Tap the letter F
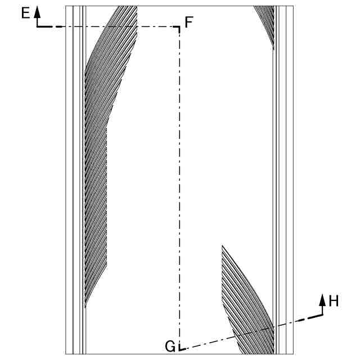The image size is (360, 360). click(x=189, y=22)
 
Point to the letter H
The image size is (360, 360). click(x=334, y=301)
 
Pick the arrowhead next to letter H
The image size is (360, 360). click(x=322, y=298)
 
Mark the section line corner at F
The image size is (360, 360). click(x=179, y=27)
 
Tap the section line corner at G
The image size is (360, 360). click(x=179, y=349)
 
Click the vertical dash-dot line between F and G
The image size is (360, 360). click(x=179, y=186)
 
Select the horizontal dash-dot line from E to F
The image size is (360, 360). click(x=112, y=27)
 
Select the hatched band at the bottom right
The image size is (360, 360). click(x=247, y=304)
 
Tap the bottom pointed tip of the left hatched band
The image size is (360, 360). click(x=85, y=308)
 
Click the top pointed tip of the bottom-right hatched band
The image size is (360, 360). click(x=222, y=245)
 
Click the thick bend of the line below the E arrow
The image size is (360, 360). click(x=38, y=26)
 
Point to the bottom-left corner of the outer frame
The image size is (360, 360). click(x=66, y=354)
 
